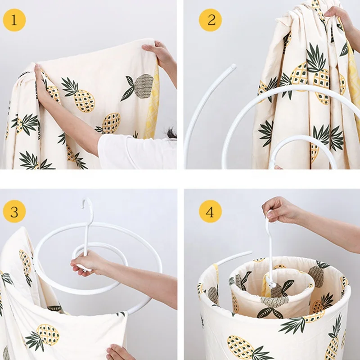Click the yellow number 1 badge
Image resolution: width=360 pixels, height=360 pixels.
coord(14,20)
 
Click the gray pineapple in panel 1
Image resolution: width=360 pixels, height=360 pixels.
coord(143,86)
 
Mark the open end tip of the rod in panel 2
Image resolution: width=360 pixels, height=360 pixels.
coord(232,67)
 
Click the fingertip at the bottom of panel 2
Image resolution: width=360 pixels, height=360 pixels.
coord(278,167)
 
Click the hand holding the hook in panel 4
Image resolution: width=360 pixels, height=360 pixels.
coord(279,210)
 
